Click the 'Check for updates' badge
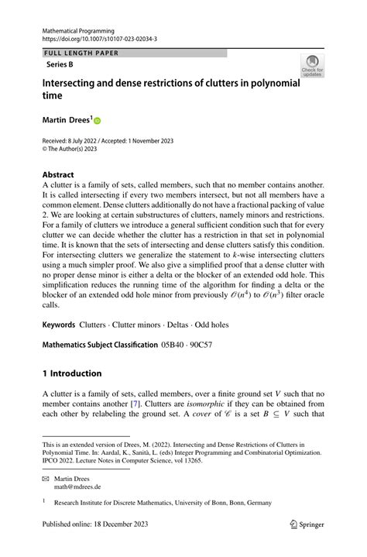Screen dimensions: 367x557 (x=312, y=65)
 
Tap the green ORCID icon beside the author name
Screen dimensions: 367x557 (x=98, y=120)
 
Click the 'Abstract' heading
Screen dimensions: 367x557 (x=59, y=175)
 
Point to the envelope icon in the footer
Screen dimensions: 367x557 (x=46, y=479)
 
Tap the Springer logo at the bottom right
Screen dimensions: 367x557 (x=307, y=524)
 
